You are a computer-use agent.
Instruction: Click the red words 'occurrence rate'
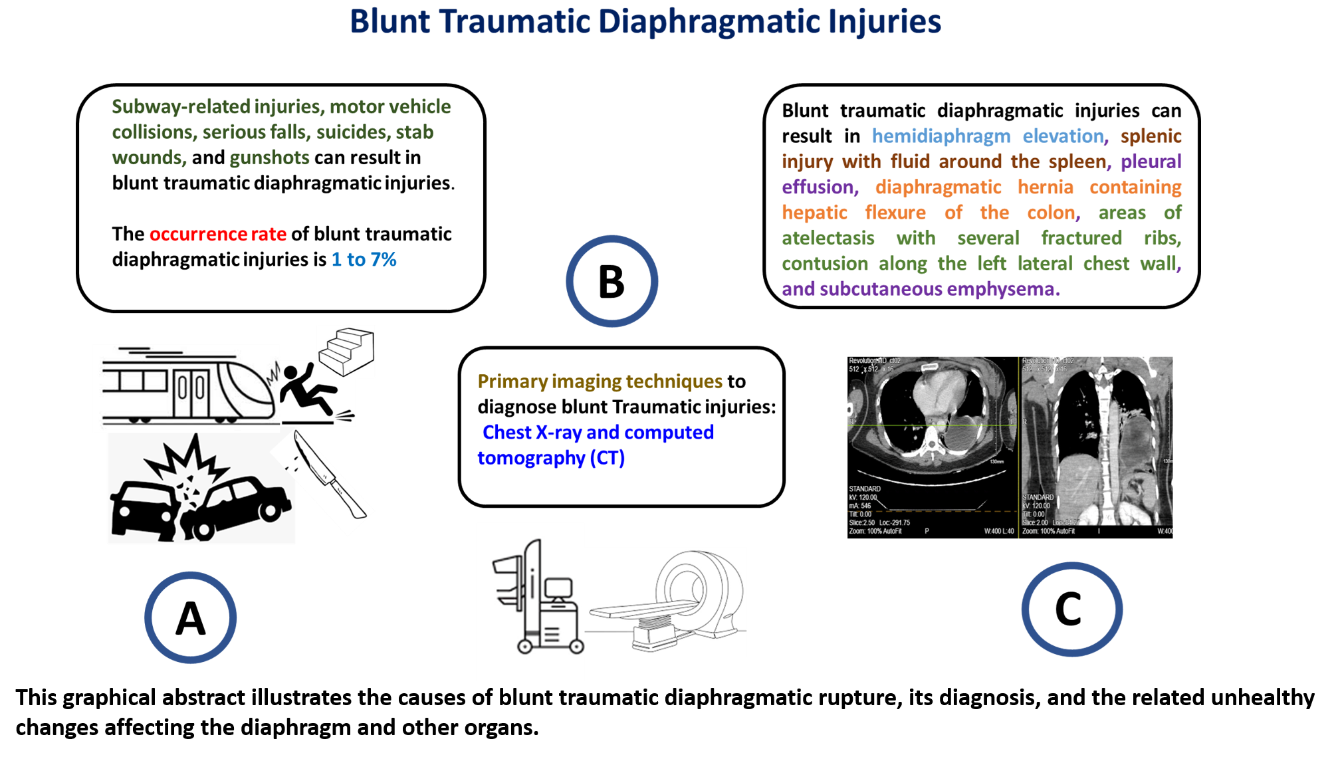point(217,234)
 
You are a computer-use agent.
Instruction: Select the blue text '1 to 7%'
point(364,259)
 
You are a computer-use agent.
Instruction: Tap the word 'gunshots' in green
point(269,158)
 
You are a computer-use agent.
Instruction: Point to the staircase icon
point(346,350)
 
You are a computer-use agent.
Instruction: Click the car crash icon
point(199,492)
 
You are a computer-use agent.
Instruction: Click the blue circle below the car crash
point(191,617)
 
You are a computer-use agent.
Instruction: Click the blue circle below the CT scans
point(1072,609)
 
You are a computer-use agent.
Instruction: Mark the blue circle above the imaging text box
point(612,280)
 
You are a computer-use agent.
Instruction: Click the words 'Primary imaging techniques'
point(600,381)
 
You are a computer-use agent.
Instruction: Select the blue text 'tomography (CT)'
point(551,458)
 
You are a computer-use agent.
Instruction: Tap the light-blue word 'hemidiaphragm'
point(941,136)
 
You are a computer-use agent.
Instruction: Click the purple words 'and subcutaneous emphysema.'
point(921,289)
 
